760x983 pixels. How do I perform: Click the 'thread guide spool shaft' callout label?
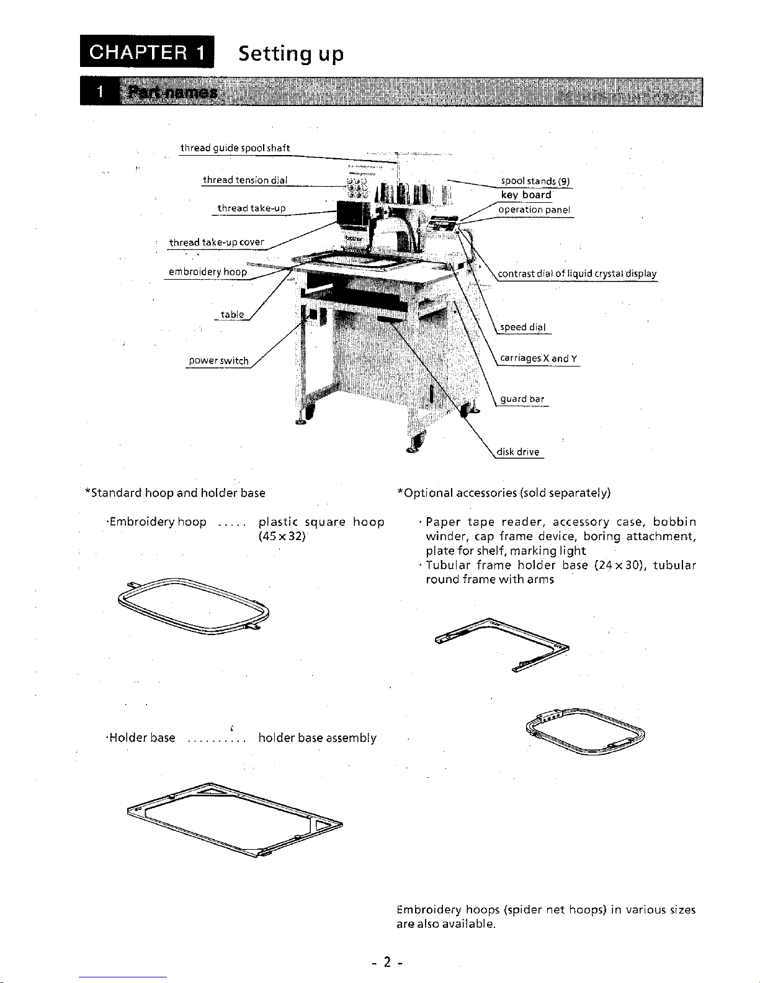pos(235,148)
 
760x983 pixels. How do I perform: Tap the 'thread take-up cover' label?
pos(217,242)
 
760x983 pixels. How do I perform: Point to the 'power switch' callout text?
pos(218,361)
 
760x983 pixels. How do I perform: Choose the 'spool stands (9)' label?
pos(535,181)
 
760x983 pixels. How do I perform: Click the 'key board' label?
pos(526,195)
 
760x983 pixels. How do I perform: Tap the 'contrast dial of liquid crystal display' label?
pos(578,274)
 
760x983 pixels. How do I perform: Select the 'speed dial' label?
pos(523,327)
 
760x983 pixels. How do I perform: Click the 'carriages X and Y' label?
pos(539,358)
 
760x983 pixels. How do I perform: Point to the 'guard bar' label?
pos(522,399)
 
